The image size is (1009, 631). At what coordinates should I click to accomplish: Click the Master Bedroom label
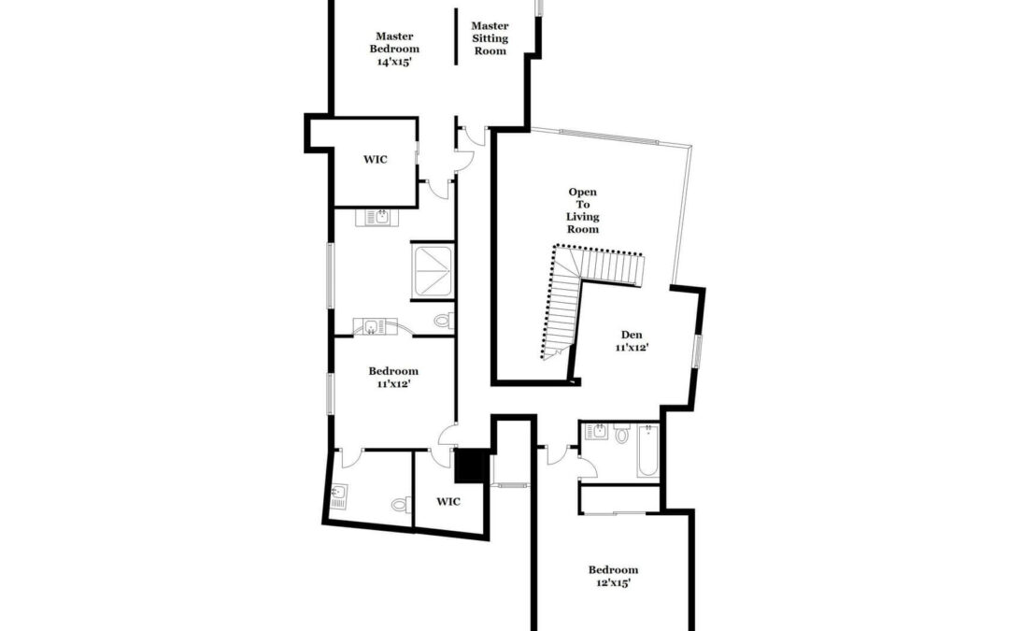point(394,49)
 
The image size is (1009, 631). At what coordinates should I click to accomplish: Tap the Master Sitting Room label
point(490,38)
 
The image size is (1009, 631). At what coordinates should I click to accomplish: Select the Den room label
point(632,334)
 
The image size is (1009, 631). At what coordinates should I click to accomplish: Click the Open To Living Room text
point(582,210)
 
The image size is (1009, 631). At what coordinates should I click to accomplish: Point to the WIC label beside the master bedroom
point(376,159)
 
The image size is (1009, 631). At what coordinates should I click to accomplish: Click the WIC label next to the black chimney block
point(448,502)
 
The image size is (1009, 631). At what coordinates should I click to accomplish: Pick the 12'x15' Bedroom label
point(613,576)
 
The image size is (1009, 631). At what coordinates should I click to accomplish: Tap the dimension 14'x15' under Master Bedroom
point(394,62)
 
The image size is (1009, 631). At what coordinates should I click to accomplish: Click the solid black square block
point(471,466)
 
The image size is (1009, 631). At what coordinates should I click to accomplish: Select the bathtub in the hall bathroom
point(647,450)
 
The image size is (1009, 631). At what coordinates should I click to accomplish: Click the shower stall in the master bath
point(433,271)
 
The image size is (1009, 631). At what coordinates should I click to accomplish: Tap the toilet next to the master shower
point(444,320)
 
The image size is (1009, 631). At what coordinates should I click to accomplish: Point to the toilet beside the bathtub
point(621,434)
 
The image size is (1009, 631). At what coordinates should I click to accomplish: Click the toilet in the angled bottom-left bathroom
point(400,504)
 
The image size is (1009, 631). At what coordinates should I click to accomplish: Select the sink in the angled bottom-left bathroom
point(338,496)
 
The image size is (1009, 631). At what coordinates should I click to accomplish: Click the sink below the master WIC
point(377,217)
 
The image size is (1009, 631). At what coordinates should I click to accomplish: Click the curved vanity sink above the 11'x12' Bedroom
point(374,327)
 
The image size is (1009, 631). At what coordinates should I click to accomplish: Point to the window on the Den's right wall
point(697,351)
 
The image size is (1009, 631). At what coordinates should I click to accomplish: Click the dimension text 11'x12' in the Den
point(632,347)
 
